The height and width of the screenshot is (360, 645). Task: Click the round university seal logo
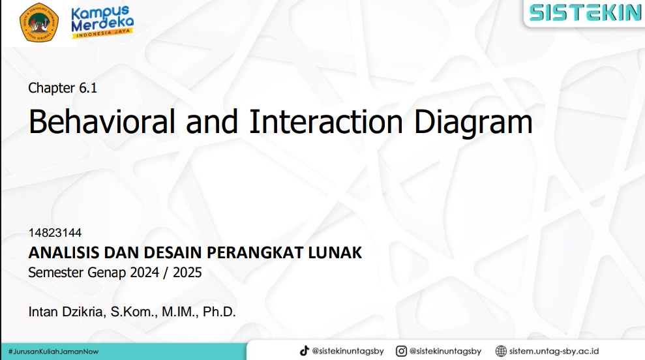click(39, 22)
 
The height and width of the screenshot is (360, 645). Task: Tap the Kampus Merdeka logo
click(102, 22)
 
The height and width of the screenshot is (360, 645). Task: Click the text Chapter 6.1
click(63, 87)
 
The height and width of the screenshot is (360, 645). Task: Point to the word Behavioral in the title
click(102, 121)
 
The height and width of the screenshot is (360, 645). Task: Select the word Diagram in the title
click(473, 122)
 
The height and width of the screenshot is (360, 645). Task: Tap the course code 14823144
click(55, 233)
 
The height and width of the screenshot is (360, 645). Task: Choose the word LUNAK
click(335, 252)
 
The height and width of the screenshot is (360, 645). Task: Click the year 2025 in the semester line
click(187, 273)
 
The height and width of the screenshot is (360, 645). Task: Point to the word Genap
click(108, 273)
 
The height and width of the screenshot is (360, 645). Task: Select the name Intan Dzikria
click(65, 312)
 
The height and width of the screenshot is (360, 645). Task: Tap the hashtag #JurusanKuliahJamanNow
click(53, 352)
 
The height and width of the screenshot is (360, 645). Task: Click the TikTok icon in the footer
click(305, 351)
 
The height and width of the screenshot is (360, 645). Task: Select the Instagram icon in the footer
click(401, 351)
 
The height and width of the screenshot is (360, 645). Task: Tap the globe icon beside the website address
click(501, 351)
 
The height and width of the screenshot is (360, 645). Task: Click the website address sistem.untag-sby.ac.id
click(554, 352)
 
